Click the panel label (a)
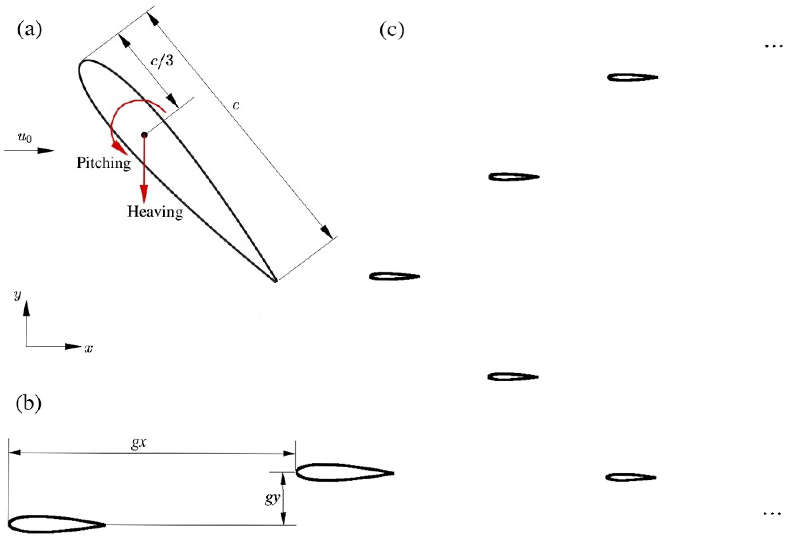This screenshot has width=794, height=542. tap(29, 30)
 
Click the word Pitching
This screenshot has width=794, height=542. tap(104, 163)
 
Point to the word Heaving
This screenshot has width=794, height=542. tap(155, 212)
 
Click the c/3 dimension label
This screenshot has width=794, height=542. tap(162, 62)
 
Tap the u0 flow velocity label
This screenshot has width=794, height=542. tap(25, 138)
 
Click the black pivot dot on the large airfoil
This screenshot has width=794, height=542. tap(144, 135)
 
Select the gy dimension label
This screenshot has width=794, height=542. tap(272, 499)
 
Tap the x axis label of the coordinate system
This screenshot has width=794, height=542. tap(89, 349)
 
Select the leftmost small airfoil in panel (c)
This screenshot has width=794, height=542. tap(394, 276)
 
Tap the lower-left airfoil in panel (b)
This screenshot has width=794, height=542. tap(56, 524)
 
